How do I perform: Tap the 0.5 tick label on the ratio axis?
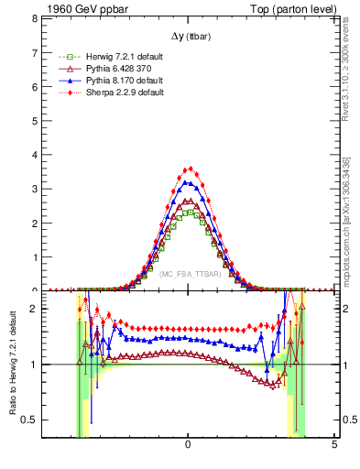click(28, 420)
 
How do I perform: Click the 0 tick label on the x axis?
click(188, 444)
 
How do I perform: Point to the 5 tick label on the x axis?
click(334, 444)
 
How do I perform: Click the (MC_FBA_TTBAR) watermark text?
click(188, 274)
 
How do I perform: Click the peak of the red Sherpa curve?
click(189, 169)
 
